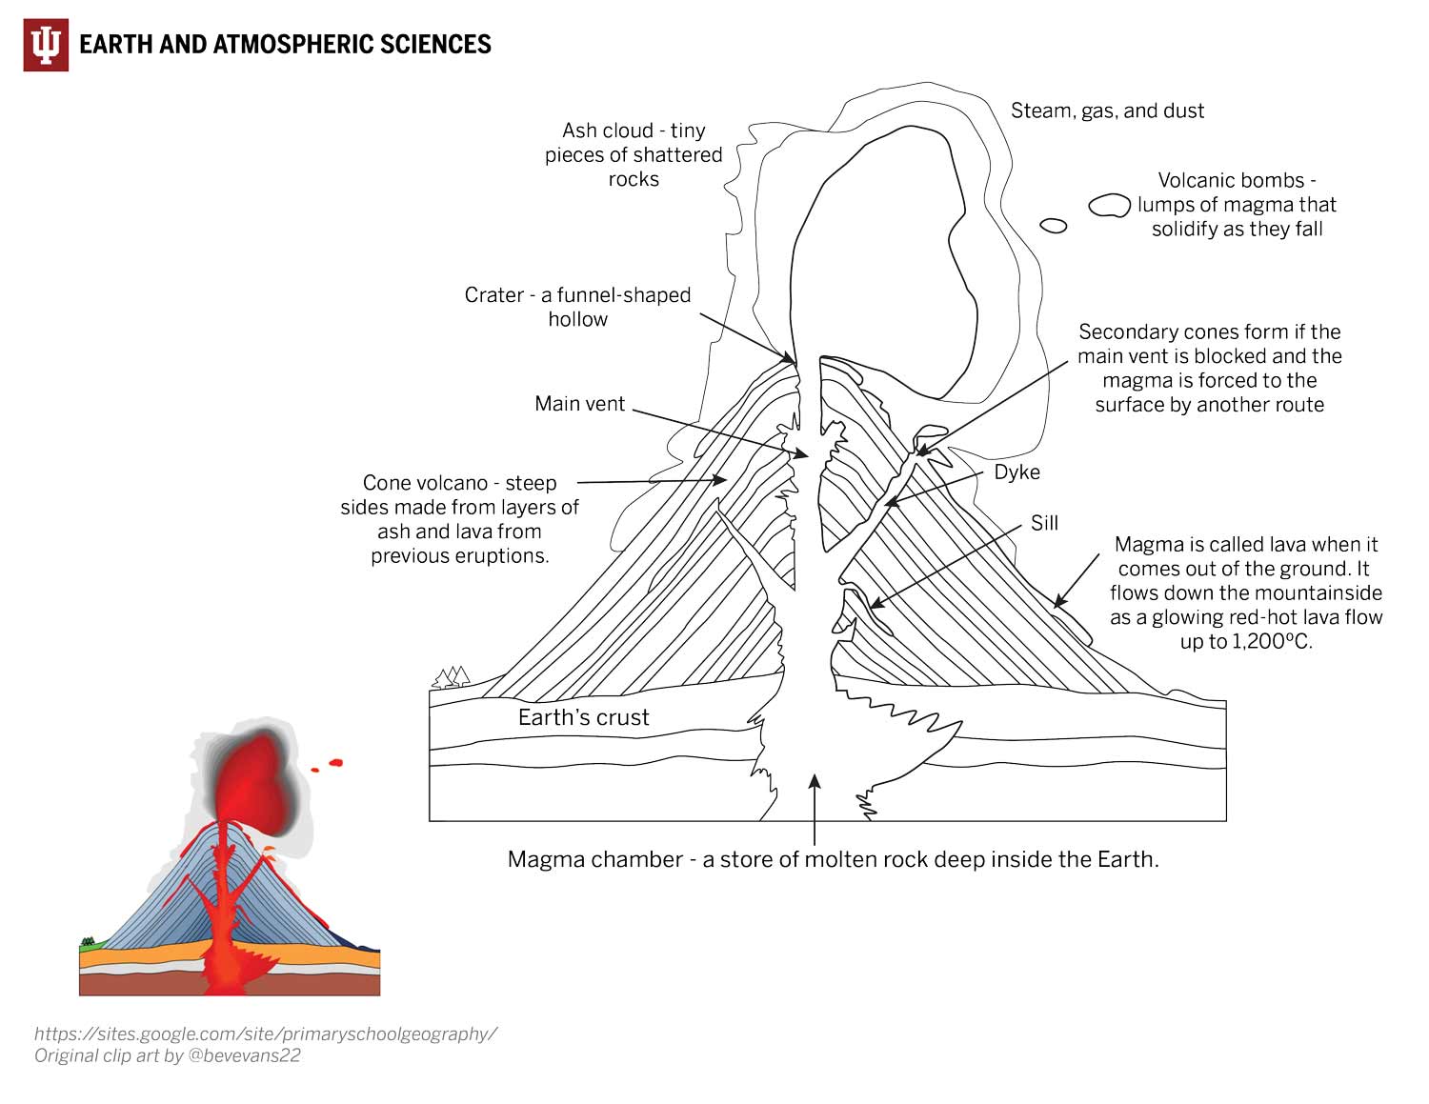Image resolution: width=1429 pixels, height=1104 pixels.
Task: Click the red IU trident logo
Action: [x=46, y=45]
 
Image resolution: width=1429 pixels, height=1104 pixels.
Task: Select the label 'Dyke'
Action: [x=1016, y=472]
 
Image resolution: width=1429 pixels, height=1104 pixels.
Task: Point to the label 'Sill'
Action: [x=1044, y=523]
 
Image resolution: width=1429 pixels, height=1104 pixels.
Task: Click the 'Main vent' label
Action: [x=579, y=404]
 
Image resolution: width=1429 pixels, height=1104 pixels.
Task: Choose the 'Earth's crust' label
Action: [x=583, y=717]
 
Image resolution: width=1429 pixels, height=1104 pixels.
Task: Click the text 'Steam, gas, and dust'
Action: [x=1107, y=110]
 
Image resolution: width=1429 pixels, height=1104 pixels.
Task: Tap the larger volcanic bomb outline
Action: [x=1109, y=205]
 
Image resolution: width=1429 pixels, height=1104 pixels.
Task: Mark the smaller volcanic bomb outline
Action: [x=1053, y=226]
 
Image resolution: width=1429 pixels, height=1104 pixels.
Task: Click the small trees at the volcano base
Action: [x=453, y=677]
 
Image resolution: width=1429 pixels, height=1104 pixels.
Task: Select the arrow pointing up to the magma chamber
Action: [x=814, y=810]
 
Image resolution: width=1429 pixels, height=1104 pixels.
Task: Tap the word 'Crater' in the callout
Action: [x=493, y=295]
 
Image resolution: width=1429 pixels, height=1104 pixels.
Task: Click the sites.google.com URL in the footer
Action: [x=266, y=1034]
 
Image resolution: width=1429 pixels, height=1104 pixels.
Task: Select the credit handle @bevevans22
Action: [x=246, y=1055]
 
